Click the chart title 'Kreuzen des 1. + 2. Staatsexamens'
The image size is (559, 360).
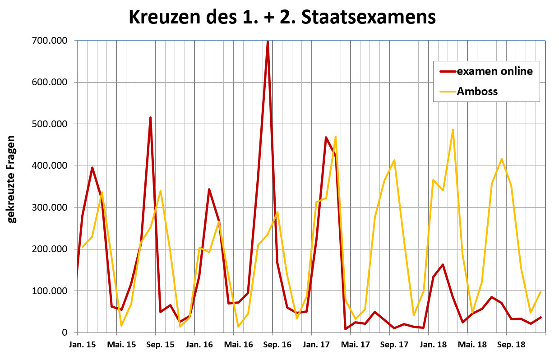point(282,18)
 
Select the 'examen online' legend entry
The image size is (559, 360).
point(494,71)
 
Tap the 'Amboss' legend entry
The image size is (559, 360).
point(477,91)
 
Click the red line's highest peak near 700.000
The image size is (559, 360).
point(268,42)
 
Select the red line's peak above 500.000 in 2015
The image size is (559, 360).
point(150,118)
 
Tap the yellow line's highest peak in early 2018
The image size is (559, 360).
point(453,130)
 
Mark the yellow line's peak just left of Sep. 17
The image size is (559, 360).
point(394,160)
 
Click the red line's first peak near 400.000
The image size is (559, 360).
point(92,168)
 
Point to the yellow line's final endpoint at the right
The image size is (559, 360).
point(541,291)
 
